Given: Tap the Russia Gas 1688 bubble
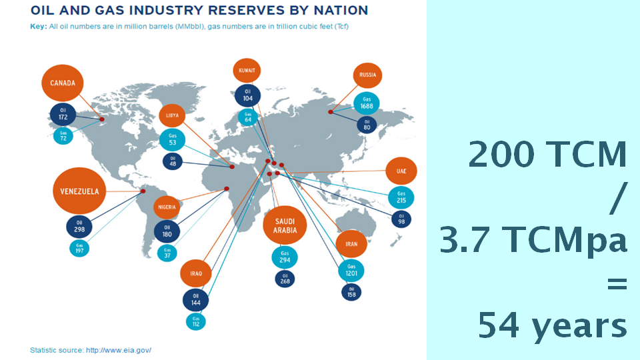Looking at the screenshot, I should click(366, 103).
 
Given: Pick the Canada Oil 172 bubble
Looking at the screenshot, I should click(63, 113).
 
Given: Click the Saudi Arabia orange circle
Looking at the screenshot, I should click(285, 225).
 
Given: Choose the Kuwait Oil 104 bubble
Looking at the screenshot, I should click(247, 94).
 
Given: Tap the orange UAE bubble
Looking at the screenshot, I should click(401, 171).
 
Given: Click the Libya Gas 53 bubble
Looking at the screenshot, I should click(172, 139).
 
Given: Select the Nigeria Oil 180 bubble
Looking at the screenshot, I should click(167, 231).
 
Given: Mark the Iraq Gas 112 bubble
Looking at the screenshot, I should click(196, 321).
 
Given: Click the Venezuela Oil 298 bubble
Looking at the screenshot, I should click(79, 226).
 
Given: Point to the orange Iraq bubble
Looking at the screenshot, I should click(196, 273).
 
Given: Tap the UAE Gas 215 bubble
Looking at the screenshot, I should click(401, 197).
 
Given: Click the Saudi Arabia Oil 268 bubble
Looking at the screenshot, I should click(285, 279).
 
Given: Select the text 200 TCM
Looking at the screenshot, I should click(547, 155).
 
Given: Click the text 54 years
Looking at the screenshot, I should click(553, 327).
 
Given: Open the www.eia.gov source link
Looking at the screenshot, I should click(119, 350).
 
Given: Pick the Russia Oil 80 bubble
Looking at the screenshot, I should click(367, 125).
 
